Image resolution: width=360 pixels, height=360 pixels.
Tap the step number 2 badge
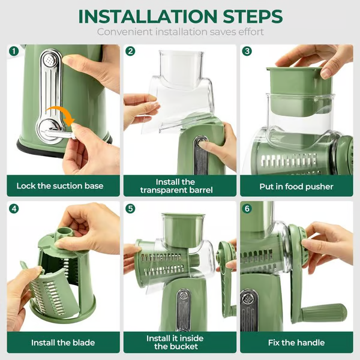point(130,51)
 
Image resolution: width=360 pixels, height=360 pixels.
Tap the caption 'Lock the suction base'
point(59,186)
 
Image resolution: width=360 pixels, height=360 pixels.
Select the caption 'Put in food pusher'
point(296,186)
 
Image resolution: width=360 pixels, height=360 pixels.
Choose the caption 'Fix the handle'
point(296,343)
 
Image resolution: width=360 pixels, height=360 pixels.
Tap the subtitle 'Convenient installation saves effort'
point(180,32)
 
